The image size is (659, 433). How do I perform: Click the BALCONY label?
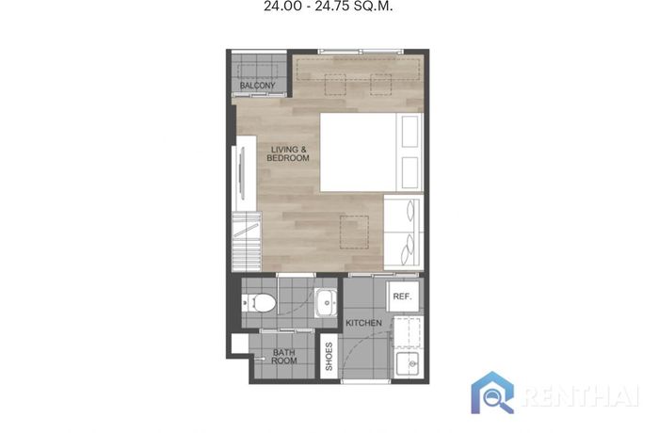coord(257,86)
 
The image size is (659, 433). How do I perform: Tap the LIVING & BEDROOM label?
coord(288,153)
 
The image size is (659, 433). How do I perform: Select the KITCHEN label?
coord(363,323)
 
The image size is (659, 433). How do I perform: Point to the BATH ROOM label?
coord(284,357)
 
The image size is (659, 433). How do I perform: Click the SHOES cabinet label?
coord(329,357)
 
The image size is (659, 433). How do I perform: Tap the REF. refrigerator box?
coord(402,297)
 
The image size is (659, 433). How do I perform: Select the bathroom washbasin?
coord(326,303)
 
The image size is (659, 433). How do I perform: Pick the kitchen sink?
coord(408,364)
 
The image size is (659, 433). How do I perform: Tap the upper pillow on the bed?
coord(410,131)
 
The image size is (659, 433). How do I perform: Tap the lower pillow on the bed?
coord(410,172)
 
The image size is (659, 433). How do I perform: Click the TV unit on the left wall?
coord(244,173)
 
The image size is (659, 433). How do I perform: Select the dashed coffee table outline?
coord(354,233)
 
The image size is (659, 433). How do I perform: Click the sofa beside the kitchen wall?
coord(404,233)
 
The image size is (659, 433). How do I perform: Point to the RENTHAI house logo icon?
coord(492,393)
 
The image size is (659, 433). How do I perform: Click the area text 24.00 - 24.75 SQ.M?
coord(329,7)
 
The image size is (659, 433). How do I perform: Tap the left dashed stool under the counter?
coord(335,85)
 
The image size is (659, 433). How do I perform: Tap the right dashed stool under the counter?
coord(380,85)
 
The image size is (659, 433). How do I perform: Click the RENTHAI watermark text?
coord(582,395)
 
